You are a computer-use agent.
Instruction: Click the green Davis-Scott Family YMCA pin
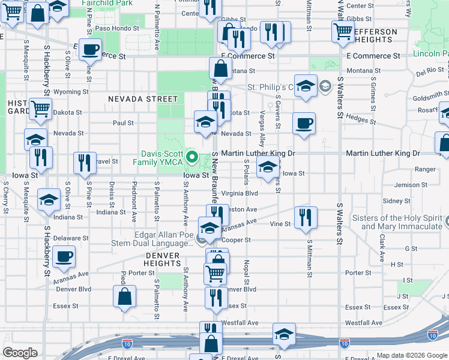coord(193,158)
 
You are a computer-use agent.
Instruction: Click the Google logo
coord(20,353)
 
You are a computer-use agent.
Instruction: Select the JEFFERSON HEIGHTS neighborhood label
coord(375,35)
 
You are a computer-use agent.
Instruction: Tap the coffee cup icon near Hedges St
coord(304,124)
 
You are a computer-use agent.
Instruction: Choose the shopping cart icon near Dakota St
coord(40,110)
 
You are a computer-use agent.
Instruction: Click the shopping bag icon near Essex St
coord(124,297)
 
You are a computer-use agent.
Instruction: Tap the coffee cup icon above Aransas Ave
coord(63,257)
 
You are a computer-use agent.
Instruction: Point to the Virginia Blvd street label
coord(239,193)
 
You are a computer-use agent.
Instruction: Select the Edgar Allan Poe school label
coord(152,239)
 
